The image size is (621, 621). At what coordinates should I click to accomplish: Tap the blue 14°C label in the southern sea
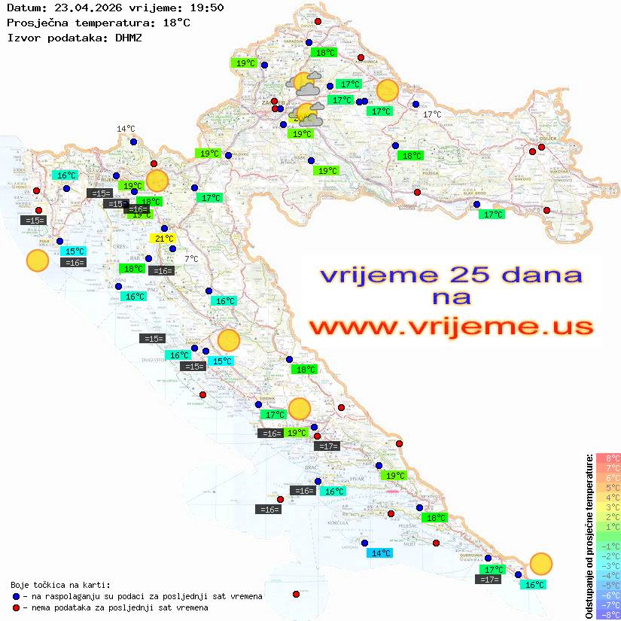point(380,553)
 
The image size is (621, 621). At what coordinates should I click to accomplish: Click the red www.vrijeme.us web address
point(450,327)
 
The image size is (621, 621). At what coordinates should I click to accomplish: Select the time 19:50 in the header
point(206,8)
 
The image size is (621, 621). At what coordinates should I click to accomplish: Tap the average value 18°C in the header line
point(176,23)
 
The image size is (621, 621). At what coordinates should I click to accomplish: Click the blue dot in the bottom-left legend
point(17,596)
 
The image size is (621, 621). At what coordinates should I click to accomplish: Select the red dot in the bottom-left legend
point(17,607)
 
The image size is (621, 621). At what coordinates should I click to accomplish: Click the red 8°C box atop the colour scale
point(607,458)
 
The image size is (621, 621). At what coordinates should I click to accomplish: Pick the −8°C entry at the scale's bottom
point(607,614)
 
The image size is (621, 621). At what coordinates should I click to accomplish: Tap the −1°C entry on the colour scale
point(607,546)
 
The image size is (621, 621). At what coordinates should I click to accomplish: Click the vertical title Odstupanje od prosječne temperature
point(589,536)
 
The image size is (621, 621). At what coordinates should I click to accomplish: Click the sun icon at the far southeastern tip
point(540,563)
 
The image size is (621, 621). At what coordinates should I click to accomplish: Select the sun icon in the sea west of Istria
point(37,260)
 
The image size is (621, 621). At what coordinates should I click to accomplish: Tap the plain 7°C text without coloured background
point(191,259)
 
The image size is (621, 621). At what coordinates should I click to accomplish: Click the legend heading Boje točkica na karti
point(60,585)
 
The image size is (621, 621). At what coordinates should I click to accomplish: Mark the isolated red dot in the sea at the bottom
point(296,594)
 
